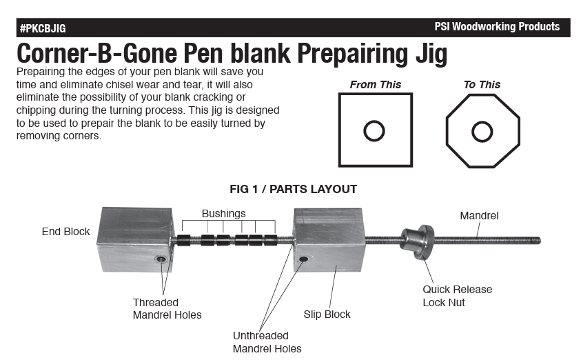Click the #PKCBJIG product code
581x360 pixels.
(x=43, y=28)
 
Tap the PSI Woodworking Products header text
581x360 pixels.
(x=497, y=27)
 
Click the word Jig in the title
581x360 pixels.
(x=431, y=54)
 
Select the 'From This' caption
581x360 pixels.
(x=376, y=85)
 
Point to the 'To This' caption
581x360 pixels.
(x=482, y=85)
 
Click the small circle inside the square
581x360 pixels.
(x=374, y=131)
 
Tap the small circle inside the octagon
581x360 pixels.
(x=482, y=132)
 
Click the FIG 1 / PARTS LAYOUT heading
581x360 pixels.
(x=293, y=189)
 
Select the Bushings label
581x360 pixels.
(x=223, y=214)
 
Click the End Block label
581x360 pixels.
(x=65, y=232)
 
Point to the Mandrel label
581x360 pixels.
(x=479, y=215)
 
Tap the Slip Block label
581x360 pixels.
(x=327, y=314)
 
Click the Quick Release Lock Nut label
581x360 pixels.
(x=457, y=296)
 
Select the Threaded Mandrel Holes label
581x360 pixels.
(x=167, y=308)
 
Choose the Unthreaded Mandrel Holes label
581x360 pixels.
(x=267, y=342)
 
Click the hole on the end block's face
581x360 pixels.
(x=161, y=259)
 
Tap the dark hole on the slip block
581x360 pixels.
(x=303, y=259)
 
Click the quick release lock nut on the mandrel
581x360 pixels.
(x=417, y=242)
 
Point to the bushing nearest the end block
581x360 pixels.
(x=183, y=240)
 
